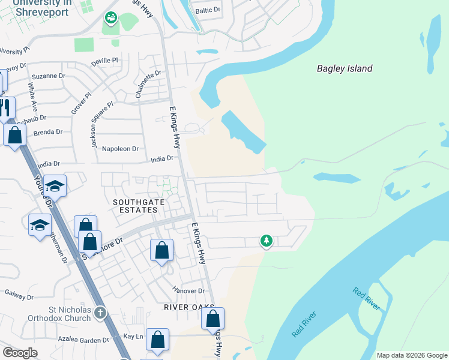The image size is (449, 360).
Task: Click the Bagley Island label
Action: [345, 68]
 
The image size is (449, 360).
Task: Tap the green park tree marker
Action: [266, 241]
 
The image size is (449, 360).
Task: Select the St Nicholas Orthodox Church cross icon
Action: [100, 313]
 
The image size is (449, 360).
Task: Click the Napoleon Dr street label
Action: [120, 148]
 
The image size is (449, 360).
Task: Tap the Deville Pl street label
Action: [105, 61]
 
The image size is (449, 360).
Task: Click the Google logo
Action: [20, 353]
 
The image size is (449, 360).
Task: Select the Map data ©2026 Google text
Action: [411, 355]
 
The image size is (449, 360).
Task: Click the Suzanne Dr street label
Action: [48, 76]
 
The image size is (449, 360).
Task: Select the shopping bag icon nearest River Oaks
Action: [212, 319]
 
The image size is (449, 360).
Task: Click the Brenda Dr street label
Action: [48, 132]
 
